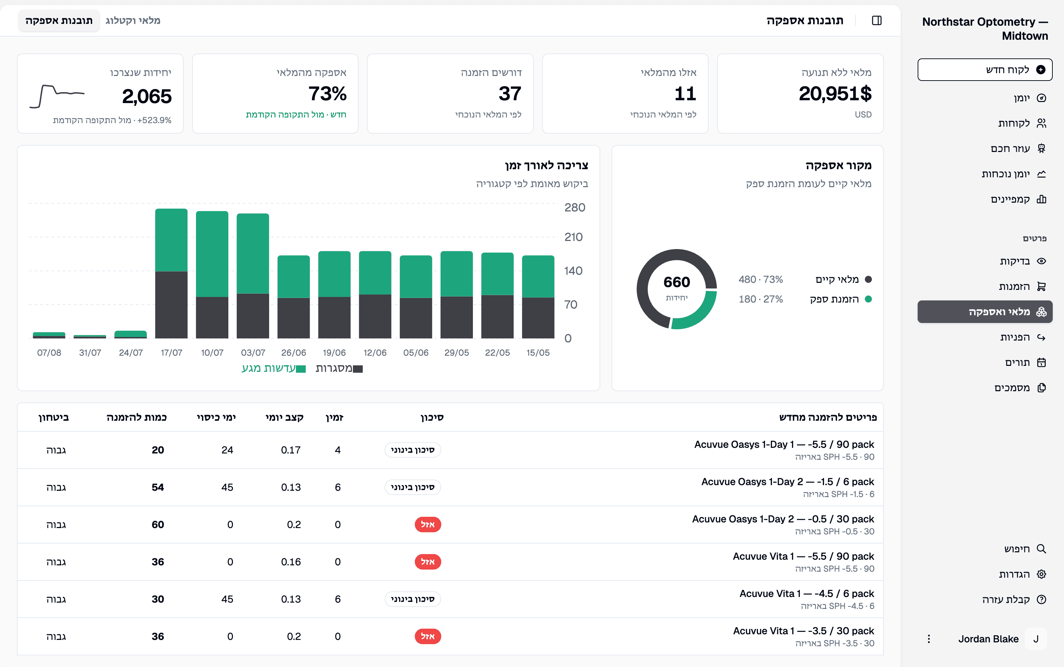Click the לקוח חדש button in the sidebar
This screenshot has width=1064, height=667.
(984, 70)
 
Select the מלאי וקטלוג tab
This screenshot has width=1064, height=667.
(133, 20)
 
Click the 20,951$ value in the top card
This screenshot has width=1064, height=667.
(835, 94)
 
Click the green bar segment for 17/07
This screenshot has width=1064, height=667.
(171, 240)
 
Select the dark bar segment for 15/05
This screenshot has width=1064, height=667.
(538, 318)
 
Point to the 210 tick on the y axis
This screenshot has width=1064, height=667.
(574, 237)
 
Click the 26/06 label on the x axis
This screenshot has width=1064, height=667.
(293, 353)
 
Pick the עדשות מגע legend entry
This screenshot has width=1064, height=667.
(273, 368)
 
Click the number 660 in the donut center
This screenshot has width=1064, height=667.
(676, 282)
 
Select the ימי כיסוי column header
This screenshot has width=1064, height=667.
(216, 417)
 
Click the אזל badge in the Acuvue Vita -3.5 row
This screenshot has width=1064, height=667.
(427, 636)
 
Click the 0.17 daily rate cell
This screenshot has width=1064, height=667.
(291, 450)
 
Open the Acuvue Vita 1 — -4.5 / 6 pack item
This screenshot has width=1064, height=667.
(806, 594)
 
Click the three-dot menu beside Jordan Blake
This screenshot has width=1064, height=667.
(929, 639)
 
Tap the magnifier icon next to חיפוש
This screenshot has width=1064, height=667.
(1041, 549)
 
